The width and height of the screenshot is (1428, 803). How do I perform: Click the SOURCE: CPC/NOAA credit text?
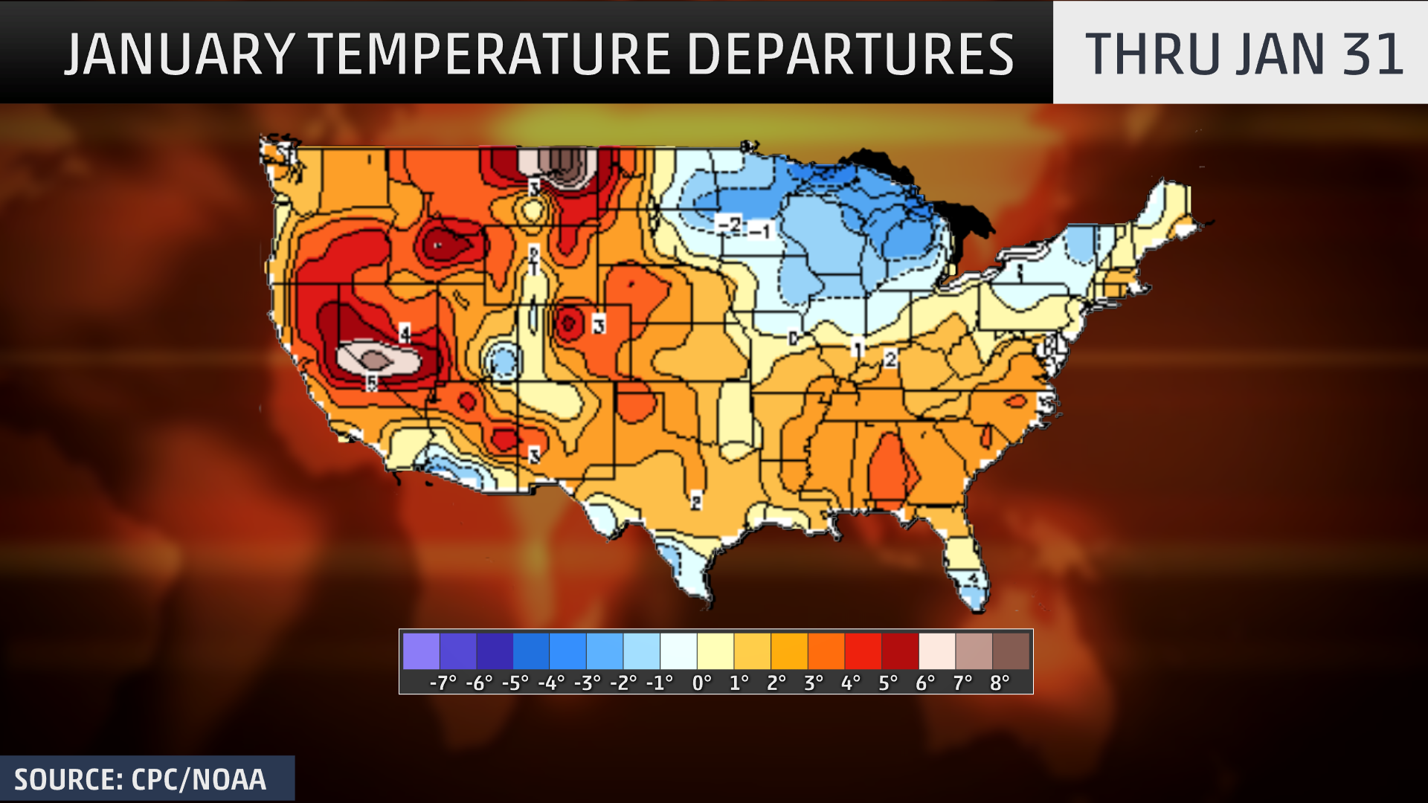(x=140, y=780)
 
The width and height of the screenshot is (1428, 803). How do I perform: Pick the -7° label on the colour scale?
(x=443, y=683)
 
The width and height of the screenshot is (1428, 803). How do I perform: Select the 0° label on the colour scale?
(x=701, y=683)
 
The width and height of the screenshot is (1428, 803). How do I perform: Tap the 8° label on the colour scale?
(x=999, y=683)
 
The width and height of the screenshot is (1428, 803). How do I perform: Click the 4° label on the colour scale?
(x=850, y=683)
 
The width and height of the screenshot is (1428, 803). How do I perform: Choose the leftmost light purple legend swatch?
(x=421, y=651)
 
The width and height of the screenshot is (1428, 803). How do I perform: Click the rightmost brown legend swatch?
(x=1011, y=651)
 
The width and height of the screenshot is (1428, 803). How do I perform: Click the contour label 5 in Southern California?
(x=371, y=383)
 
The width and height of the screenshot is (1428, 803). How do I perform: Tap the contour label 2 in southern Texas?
(x=696, y=501)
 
